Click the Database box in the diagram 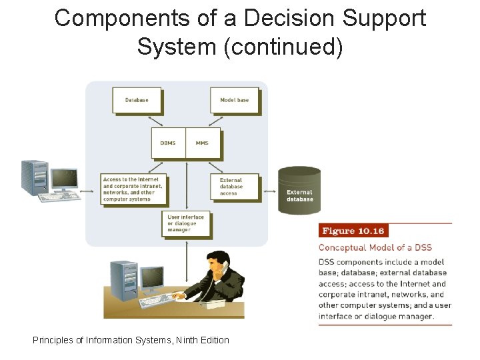(x=137, y=100)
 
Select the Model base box (x=234, y=100)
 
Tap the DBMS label (x=168, y=143)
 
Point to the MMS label (x=202, y=143)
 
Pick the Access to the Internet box (x=132, y=189)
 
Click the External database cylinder (x=299, y=191)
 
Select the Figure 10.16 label (x=353, y=231)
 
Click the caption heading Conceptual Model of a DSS (x=375, y=248)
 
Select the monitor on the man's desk (x=153, y=279)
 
